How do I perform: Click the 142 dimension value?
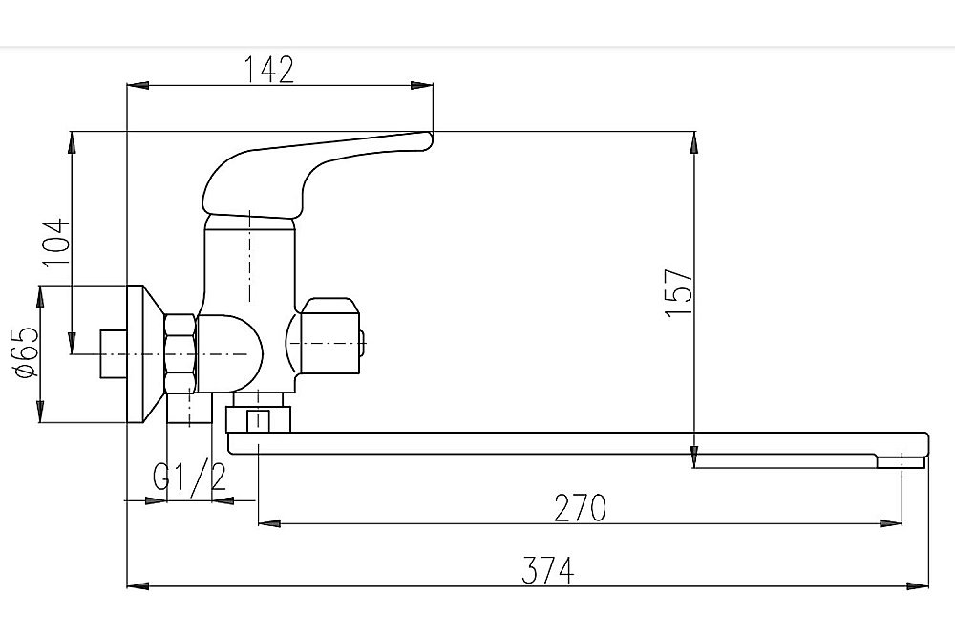click(x=268, y=70)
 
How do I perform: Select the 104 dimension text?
click(x=56, y=243)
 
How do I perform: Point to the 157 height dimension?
click(x=679, y=293)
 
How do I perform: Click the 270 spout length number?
click(x=580, y=508)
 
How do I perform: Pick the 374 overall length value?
click(x=547, y=571)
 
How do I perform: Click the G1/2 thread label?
click(x=189, y=477)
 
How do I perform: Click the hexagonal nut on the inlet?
click(x=180, y=353)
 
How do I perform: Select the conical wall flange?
click(x=145, y=353)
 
